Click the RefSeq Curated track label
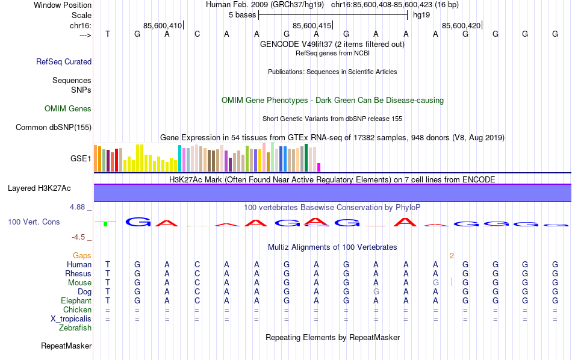point(64,61)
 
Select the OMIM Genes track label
point(68,109)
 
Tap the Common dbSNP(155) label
point(54,127)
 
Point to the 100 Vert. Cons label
point(34,222)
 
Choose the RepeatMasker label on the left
point(66,346)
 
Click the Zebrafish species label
point(75,328)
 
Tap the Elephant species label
point(76,301)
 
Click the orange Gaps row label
point(82,256)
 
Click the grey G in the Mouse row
point(435,283)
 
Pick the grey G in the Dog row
point(376,292)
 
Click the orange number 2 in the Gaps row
point(451,256)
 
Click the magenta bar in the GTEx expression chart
point(319,167)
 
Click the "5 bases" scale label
point(242,15)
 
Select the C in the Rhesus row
point(197,274)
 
